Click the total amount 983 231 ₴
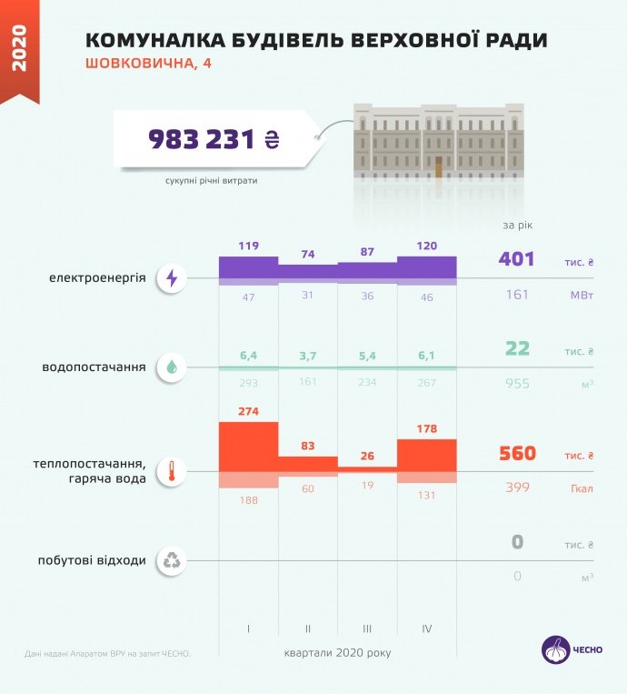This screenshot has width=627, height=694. [x=213, y=139]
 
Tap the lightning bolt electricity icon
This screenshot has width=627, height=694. [x=173, y=278]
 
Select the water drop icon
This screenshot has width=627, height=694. [x=173, y=367]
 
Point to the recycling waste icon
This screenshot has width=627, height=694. [x=173, y=560]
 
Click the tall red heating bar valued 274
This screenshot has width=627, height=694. [x=248, y=447]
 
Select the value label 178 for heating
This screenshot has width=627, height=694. [x=427, y=429]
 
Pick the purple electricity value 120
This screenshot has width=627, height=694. [x=427, y=246]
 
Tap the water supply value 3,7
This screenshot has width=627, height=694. [x=307, y=353]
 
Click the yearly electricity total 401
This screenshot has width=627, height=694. [x=516, y=259]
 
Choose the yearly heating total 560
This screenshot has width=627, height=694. [x=516, y=454]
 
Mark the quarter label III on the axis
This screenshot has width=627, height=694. [x=367, y=629]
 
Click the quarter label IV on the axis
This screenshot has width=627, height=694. [x=427, y=629]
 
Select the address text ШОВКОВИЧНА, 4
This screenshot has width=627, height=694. [x=152, y=65]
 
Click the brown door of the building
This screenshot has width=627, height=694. [x=439, y=166]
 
